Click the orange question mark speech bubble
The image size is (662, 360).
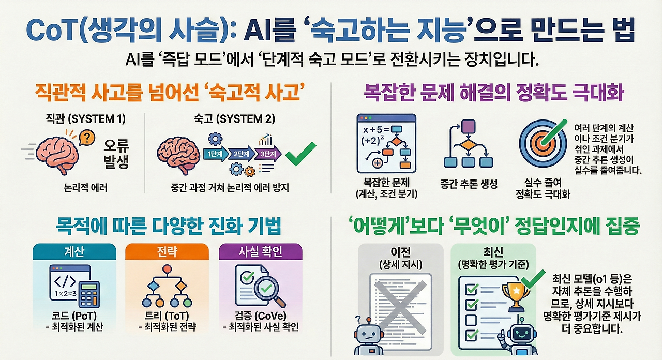(x=88, y=138)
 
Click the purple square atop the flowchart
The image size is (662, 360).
(x=468, y=126)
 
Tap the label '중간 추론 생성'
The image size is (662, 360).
(x=468, y=184)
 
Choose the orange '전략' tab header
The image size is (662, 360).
(x=167, y=251)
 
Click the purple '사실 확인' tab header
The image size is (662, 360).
(x=260, y=251)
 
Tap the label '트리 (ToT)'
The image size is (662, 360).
(x=167, y=316)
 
